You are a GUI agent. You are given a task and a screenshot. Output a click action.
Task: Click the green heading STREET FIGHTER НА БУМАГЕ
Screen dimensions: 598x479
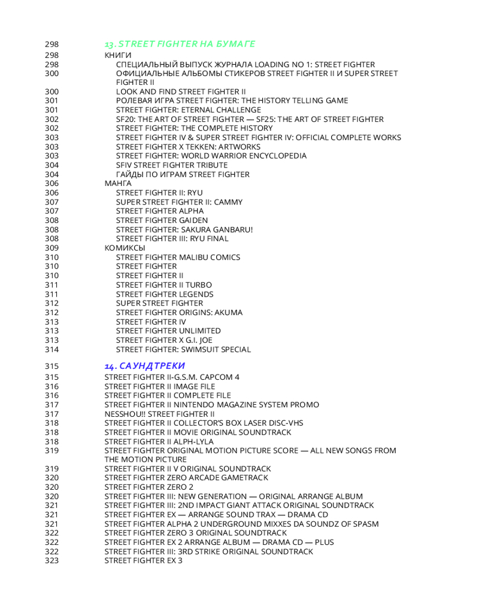tap(180, 44)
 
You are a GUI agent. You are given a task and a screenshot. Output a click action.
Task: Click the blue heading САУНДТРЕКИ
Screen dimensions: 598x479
tap(144, 365)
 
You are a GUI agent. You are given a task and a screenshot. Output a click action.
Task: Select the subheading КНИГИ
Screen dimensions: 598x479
tap(118, 55)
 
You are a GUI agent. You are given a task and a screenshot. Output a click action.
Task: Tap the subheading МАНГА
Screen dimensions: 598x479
tap(118, 184)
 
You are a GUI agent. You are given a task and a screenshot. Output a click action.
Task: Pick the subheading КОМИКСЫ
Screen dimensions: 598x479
tap(125, 248)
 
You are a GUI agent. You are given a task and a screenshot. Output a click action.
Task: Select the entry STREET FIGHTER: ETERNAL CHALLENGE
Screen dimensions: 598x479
tap(188, 110)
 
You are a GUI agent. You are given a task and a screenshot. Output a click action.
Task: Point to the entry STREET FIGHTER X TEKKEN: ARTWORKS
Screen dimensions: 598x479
tap(188, 147)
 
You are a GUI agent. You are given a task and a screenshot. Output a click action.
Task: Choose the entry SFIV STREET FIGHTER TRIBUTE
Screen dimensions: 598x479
tap(172, 165)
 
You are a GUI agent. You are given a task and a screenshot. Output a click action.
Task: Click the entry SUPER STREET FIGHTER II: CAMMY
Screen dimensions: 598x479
tap(179, 202)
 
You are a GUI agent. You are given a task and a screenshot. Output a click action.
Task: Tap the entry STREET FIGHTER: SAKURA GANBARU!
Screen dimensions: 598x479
tap(184, 230)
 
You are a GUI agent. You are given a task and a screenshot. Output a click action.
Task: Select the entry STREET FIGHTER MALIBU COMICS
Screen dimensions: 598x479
tap(178, 257)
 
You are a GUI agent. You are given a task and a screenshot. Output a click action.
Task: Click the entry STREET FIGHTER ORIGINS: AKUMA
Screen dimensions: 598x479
tap(179, 312)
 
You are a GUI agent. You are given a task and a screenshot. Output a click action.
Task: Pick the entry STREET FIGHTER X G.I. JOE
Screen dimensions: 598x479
tap(165, 340)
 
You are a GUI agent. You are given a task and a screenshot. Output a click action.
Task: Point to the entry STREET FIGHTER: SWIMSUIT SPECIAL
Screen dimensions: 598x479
tap(183, 349)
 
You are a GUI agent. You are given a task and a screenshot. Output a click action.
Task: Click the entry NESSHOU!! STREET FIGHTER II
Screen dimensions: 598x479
tap(159, 414)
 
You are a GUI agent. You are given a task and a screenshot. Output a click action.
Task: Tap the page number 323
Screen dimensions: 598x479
tap(51, 560)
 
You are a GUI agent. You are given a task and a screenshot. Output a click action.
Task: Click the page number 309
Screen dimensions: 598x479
tap(51, 248)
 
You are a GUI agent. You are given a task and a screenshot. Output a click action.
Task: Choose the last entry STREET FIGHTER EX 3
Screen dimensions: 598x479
tap(143, 560)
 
